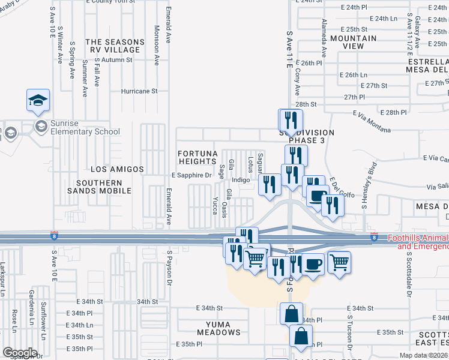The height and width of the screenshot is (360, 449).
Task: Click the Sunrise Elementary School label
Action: (x=86, y=131)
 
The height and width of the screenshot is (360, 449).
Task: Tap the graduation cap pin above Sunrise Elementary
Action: (x=38, y=100)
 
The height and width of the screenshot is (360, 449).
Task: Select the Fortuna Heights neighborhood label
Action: (x=197, y=157)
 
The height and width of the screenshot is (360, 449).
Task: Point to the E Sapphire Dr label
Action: (x=192, y=176)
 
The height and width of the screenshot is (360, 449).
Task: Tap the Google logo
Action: (x=20, y=352)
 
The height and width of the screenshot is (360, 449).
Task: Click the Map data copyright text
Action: (x=424, y=355)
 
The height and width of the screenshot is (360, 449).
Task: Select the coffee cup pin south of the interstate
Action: (x=312, y=263)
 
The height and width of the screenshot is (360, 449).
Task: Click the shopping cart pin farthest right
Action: (x=340, y=262)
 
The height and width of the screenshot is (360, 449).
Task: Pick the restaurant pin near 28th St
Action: (x=291, y=119)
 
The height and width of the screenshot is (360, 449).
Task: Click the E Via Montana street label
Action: (x=372, y=129)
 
